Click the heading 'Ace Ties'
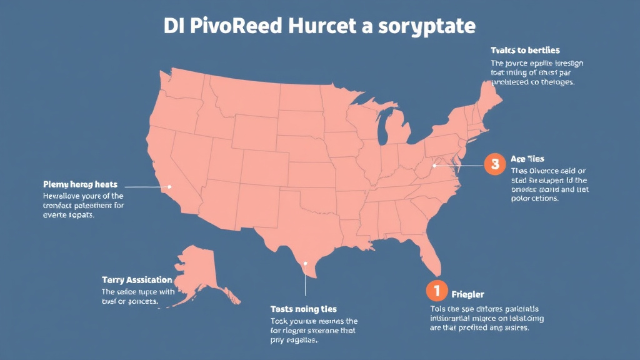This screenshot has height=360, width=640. click(x=527, y=159)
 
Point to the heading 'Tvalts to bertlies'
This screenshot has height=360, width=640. click(x=525, y=50)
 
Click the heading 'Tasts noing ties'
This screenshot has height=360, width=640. click(x=303, y=309)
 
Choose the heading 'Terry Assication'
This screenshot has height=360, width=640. click(x=137, y=279)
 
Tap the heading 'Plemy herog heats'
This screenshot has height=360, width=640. click(x=80, y=185)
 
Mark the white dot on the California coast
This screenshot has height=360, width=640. click(x=169, y=186)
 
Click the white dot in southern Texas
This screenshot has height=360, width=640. click(x=305, y=263)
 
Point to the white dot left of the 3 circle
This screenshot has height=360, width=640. click(x=434, y=166)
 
